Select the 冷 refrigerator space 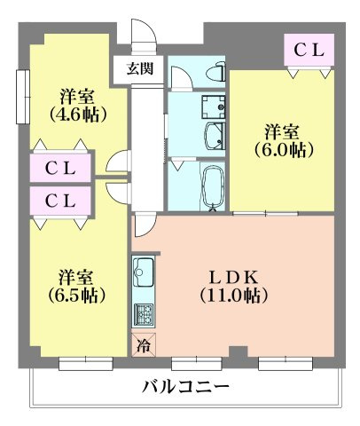coord(143,346)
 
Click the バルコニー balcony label coord(185,387)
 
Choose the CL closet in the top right coord(308,51)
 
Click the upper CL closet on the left coord(59,166)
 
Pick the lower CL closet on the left coord(59,201)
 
